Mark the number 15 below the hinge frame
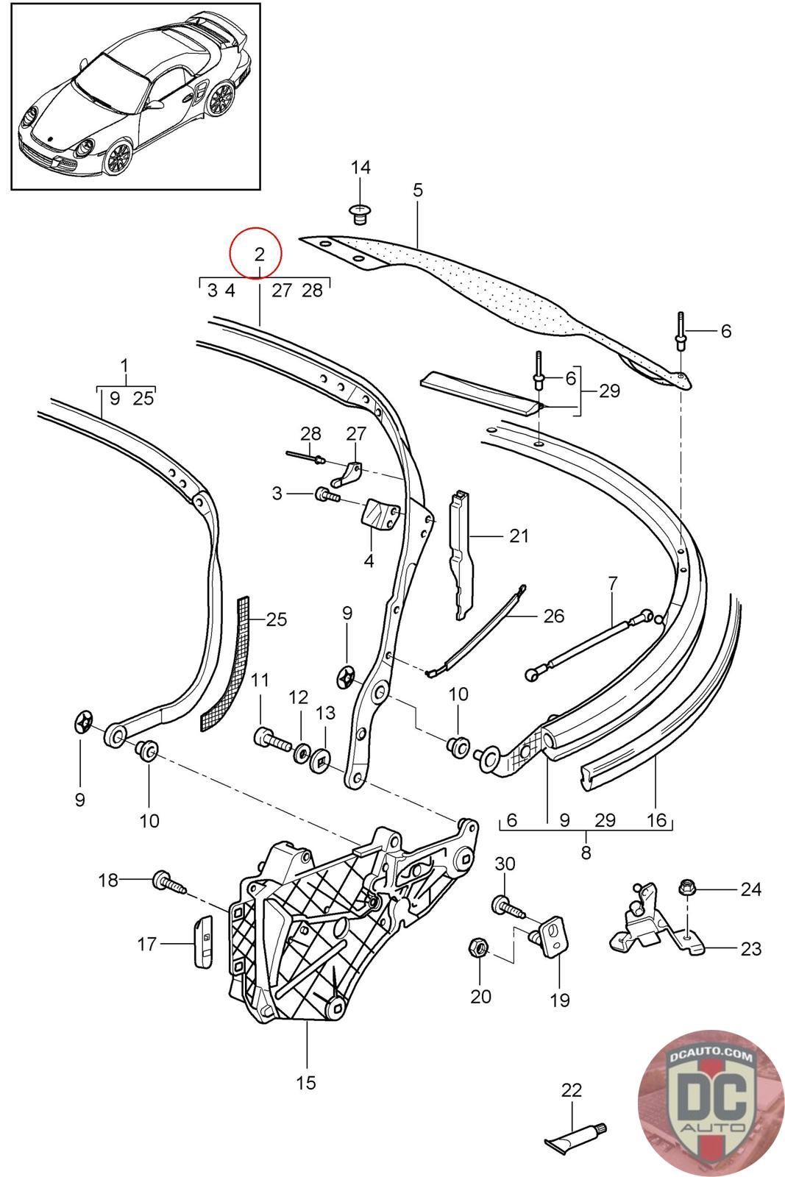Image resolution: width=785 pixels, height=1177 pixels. pyautogui.click(x=306, y=1082)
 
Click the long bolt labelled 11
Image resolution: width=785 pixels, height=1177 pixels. pyautogui.click(x=272, y=737)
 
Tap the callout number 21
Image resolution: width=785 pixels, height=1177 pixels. pyautogui.click(x=519, y=536)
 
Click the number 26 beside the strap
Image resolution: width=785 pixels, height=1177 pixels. pyautogui.click(x=553, y=616)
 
